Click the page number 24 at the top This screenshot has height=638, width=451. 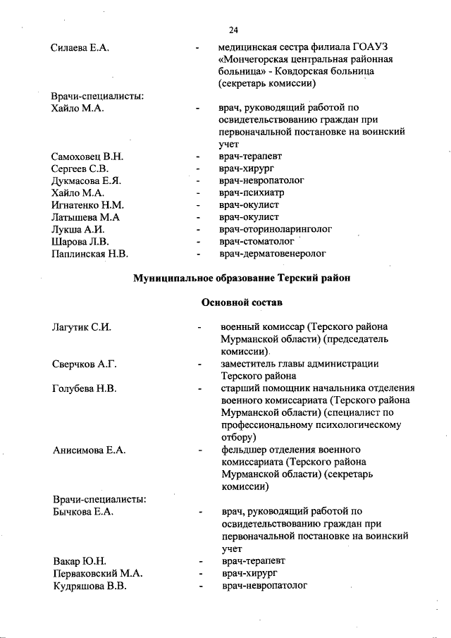234,30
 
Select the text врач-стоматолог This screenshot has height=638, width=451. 256,241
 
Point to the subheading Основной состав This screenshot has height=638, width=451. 242,302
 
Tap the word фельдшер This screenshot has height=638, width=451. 244,450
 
